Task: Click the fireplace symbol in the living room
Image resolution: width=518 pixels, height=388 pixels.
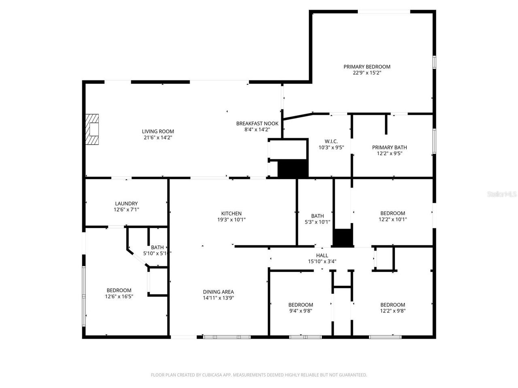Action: [x=93, y=129]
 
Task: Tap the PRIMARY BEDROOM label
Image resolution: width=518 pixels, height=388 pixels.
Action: [x=367, y=67]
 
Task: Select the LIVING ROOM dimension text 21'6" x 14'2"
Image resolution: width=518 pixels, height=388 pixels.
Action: [x=158, y=138]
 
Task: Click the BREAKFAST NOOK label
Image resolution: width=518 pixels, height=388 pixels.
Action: [x=257, y=123]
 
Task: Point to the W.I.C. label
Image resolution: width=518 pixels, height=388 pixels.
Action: [x=331, y=141]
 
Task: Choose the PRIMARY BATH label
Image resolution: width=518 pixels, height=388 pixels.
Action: [x=389, y=148]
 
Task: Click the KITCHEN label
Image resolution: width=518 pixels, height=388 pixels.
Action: [x=231, y=213]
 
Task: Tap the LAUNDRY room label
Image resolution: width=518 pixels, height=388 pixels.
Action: [x=126, y=204]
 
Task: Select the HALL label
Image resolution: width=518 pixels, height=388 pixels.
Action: [x=322, y=255]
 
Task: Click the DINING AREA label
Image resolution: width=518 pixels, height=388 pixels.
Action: [x=218, y=292]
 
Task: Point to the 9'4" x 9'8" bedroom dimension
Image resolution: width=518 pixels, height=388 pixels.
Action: [x=301, y=311]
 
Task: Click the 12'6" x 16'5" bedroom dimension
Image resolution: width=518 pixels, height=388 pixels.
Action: [x=119, y=296]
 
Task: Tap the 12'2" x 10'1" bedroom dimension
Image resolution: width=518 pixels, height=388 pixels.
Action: [x=393, y=219]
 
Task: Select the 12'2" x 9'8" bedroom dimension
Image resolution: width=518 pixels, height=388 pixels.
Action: [x=393, y=311]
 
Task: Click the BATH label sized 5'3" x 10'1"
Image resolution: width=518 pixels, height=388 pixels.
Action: [x=317, y=216]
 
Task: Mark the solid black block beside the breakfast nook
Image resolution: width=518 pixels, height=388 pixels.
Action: [x=293, y=168]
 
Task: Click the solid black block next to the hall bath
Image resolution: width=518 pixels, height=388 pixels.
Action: [x=343, y=238]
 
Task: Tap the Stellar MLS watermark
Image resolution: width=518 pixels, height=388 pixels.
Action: [x=502, y=194]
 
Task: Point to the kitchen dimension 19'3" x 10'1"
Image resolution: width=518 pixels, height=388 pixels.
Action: [x=231, y=220]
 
